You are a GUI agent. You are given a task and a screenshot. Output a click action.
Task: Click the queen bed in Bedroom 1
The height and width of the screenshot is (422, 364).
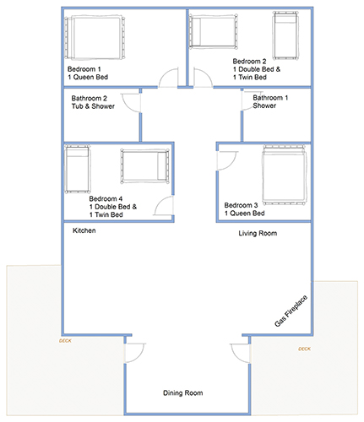[x=95, y=37]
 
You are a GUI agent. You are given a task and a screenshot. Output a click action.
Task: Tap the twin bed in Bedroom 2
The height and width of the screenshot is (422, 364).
[x=285, y=35]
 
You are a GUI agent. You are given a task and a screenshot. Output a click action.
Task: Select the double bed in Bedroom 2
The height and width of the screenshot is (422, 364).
[x=214, y=31]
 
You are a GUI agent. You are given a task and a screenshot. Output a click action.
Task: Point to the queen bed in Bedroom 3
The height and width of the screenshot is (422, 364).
[x=284, y=176]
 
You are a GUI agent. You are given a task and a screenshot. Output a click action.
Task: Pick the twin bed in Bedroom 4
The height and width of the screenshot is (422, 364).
[x=78, y=170]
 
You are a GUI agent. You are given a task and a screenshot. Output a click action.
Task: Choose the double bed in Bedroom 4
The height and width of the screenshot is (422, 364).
[x=145, y=166]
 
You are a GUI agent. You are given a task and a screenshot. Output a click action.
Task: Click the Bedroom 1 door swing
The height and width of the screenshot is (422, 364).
[x=169, y=78]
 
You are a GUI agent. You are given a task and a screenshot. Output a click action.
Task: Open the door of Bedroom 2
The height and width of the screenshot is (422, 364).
[x=203, y=78]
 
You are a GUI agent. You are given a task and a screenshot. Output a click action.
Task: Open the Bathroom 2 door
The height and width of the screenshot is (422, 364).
[x=131, y=103]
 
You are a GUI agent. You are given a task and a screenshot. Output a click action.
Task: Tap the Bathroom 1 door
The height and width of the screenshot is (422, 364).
[x=252, y=100]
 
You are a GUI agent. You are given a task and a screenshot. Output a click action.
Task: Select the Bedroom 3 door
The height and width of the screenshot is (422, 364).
[x=227, y=161]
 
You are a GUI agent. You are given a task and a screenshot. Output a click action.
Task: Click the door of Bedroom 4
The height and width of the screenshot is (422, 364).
[x=164, y=206]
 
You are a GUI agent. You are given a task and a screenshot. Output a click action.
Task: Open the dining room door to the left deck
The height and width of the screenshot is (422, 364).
[x=134, y=353]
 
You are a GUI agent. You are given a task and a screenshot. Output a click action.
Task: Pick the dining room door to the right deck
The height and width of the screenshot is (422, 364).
[x=240, y=353]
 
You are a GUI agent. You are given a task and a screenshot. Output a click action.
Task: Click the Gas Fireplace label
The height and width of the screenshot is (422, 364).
[x=291, y=311]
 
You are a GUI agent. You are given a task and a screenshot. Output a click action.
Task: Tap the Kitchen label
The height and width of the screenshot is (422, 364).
[x=84, y=230]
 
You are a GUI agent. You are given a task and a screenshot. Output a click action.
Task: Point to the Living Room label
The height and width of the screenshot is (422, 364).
[x=258, y=233]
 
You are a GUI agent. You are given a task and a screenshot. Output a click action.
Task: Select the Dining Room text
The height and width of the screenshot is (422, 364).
[x=183, y=392]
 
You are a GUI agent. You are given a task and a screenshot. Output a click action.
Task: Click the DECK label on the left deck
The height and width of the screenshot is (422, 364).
[x=65, y=341]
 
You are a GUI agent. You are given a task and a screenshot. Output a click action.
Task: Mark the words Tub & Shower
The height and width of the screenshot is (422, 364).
[x=93, y=106]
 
